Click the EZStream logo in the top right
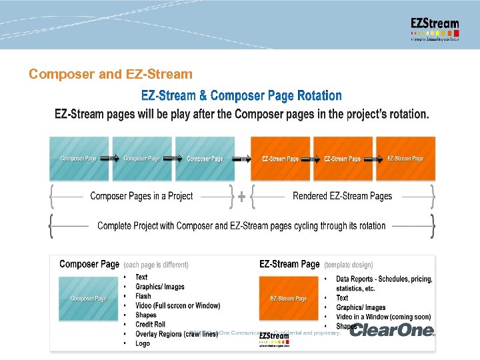pos(435,29)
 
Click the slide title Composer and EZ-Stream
pos(110,74)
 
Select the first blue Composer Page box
pos(79,159)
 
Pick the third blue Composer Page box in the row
pos(205,159)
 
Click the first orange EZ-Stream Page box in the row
pos(280,159)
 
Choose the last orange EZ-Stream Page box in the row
pos(405,159)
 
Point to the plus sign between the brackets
pos(241,197)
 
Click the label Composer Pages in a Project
pos(141,196)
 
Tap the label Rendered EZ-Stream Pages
pos(342,196)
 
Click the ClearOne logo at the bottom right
pos(392,330)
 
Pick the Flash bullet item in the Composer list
pos(143,296)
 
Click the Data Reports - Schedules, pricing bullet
pos(384,279)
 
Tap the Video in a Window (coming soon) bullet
pos(383,317)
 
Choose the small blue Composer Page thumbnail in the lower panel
pos(89,298)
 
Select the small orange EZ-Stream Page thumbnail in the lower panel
pos(288,298)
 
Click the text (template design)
pos(349,265)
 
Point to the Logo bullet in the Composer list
pos(143,343)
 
